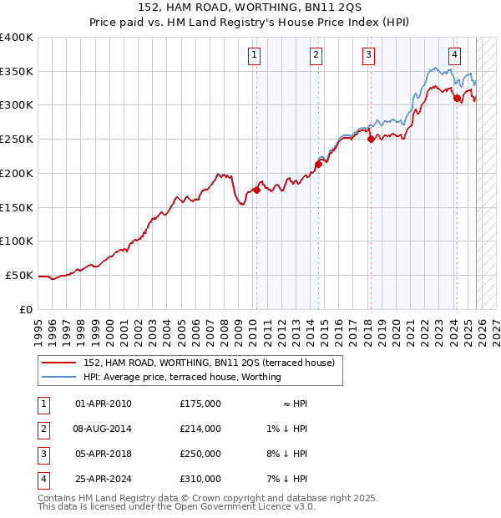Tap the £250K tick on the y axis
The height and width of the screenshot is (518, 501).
(17, 139)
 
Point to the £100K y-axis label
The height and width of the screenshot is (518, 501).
(17, 241)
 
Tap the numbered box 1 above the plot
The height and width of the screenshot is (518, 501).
(254, 56)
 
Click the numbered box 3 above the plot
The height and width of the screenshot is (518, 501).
(368, 56)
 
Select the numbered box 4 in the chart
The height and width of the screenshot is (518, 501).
(454, 56)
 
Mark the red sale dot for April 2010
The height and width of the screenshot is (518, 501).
(256, 190)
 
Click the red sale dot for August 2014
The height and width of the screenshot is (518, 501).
(318, 164)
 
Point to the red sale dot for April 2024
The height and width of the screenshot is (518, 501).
(457, 98)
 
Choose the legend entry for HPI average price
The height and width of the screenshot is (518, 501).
(182, 377)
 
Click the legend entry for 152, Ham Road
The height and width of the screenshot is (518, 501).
(209, 363)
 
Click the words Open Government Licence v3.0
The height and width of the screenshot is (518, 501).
(251, 506)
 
